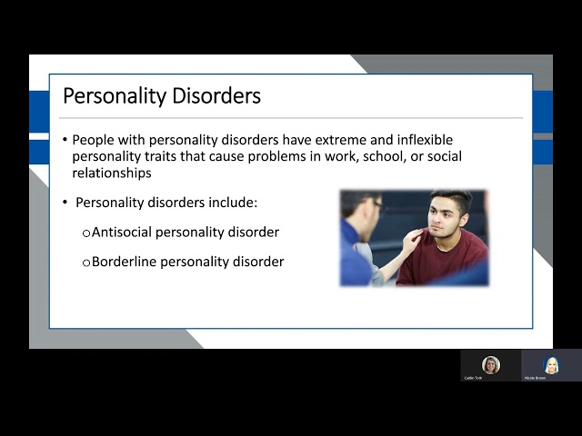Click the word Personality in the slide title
coord(111,95)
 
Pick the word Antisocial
coord(122,232)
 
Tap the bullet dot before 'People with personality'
coord(65,141)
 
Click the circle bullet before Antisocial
coord(86,233)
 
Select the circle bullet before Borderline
coord(86,263)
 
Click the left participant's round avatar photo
coord(491,364)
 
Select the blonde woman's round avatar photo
coord(550,364)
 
